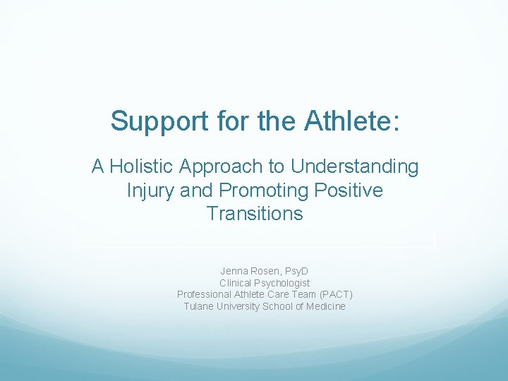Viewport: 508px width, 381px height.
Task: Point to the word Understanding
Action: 354,167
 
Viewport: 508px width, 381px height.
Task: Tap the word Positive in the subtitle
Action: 351,190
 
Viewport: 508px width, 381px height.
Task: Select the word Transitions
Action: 255,213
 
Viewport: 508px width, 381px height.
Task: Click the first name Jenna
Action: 234,271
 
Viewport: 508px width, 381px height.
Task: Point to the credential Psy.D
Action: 296,271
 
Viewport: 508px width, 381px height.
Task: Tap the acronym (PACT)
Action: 336,294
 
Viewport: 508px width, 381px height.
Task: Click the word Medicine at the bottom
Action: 326,306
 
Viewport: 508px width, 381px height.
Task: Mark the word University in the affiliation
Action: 238,306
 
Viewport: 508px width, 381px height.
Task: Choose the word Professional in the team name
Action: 205,294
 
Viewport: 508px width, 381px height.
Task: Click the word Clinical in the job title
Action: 236,283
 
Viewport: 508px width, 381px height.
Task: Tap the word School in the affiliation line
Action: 277,306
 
